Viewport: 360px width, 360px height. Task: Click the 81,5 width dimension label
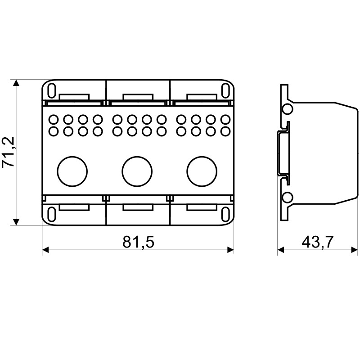pos(138,242)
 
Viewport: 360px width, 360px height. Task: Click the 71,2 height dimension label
pos(9,152)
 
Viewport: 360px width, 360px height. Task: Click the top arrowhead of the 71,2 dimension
pos(16,83)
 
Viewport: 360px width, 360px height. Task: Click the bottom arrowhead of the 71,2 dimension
pos(16,222)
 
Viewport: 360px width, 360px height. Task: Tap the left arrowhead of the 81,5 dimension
pos(45,250)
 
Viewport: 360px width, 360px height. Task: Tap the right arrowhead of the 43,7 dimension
pos(354,250)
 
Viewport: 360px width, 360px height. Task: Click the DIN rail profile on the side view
pos(283,153)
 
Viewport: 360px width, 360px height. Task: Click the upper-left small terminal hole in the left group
pos(53,119)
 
